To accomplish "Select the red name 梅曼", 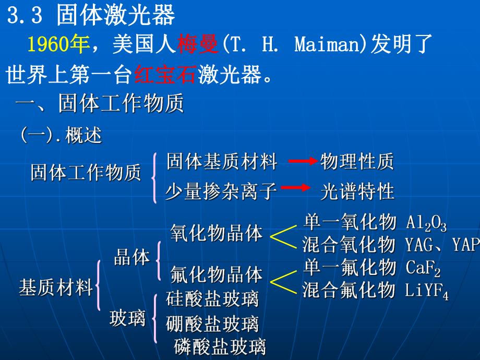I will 196,45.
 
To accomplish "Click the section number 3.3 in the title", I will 25,16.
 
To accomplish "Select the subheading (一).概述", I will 61,136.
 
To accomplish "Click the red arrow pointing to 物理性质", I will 303,162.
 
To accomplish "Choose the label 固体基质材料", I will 222,162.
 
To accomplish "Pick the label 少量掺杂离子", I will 221,191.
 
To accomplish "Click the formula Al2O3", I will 426,223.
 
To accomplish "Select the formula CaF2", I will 423,269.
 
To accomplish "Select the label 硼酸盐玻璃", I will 212,325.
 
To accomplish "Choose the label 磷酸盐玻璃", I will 220,346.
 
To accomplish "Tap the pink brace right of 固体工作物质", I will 155,177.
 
